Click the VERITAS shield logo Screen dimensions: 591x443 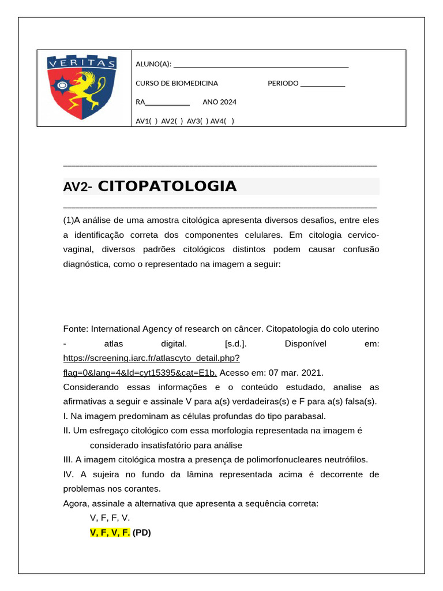(x=81, y=87)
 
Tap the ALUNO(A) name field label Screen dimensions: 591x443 (x=153, y=63)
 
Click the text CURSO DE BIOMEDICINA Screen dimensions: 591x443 (x=177, y=83)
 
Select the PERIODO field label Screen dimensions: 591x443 (x=283, y=83)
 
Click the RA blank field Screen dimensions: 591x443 (x=167, y=103)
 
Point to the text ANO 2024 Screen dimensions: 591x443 (x=219, y=102)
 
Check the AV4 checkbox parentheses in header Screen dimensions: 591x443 (x=229, y=121)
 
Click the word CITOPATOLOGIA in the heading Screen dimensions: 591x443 (x=167, y=186)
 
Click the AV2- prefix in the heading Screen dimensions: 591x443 (x=78, y=187)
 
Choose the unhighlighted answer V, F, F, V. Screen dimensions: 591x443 (x=110, y=518)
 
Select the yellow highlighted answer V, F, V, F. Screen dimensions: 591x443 (x=110, y=533)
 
